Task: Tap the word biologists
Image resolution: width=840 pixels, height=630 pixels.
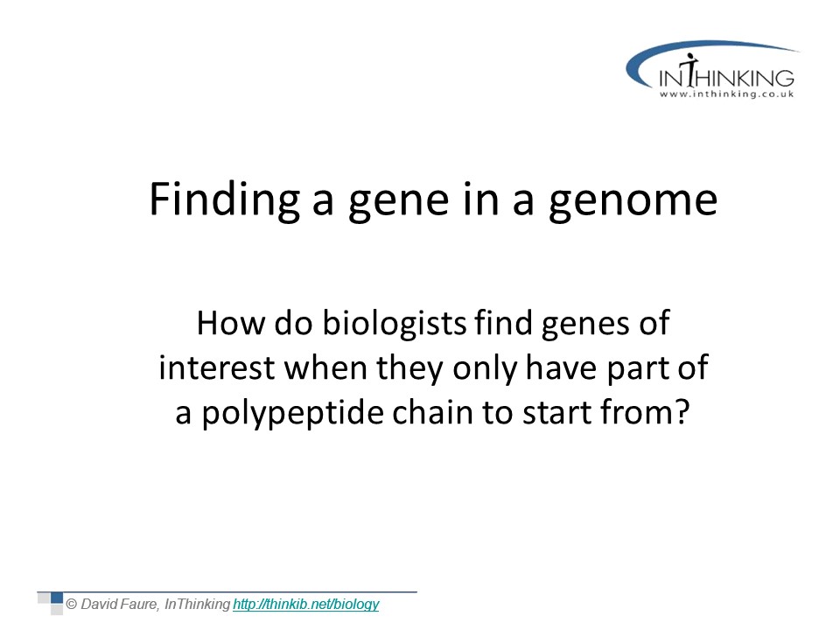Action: click(395, 325)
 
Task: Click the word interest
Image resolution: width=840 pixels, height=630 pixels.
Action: click(217, 368)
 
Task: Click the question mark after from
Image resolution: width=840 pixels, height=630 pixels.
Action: click(682, 412)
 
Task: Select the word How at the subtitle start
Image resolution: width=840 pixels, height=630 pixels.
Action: click(231, 324)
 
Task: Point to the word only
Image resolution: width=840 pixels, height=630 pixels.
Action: click(486, 369)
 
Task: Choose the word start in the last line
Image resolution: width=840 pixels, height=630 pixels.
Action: click(557, 413)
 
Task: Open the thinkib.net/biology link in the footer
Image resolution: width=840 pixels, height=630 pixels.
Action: click(306, 605)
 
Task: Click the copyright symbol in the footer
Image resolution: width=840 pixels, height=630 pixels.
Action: click(71, 605)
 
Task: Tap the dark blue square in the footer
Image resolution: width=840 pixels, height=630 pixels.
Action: click(57, 598)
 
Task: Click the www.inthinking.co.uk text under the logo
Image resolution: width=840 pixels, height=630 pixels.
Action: click(726, 94)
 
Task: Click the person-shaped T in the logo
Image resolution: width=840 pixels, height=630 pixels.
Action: click(691, 70)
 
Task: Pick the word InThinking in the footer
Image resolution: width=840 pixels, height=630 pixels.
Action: click(197, 605)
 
